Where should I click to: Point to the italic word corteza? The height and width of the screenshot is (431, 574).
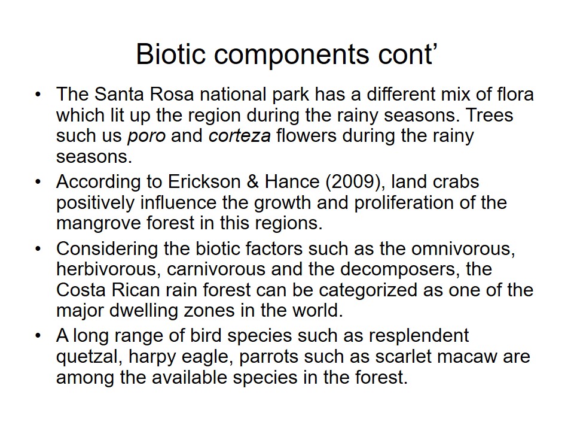pyautogui.click(x=240, y=136)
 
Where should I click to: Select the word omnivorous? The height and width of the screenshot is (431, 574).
pyautogui.click(x=463, y=249)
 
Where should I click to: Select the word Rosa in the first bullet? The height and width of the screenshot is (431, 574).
pyautogui.click(x=172, y=94)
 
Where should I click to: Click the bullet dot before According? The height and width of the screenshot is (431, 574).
pyautogui.click(x=38, y=182)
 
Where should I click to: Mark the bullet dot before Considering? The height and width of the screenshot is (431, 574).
pyautogui.click(x=38, y=249)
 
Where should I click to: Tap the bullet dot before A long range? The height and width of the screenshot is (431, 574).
pyautogui.click(x=38, y=336)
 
